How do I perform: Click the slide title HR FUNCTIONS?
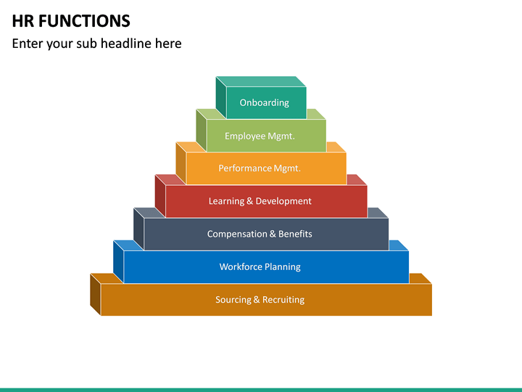(71, 20)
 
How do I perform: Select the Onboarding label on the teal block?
(265, 103)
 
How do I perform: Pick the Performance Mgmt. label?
(260, 168)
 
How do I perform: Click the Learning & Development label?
(260, 201)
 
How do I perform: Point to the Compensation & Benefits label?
(260, 234)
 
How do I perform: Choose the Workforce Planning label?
(260, 266)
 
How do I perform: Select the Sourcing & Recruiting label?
(260, 300)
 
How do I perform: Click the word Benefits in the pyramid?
(295, 234)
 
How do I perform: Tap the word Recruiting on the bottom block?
(283, 300)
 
